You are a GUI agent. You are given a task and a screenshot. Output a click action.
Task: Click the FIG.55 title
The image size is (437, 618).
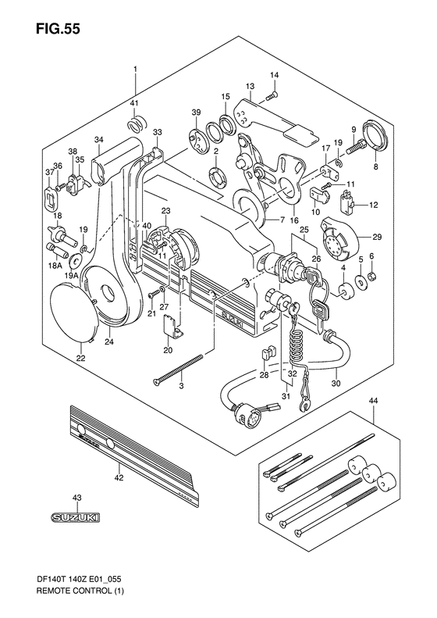pos(59,28)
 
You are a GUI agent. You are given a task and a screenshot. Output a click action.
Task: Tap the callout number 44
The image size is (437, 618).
pos(373,401)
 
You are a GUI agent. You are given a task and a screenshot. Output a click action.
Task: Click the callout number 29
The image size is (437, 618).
pos(377,237)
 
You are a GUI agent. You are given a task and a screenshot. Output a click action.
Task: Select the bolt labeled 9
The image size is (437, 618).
pos(357,148)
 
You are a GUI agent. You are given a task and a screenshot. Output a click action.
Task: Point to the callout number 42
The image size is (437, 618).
pos(119,478)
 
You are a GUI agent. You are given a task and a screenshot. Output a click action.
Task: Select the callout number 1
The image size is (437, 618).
pos(135,70)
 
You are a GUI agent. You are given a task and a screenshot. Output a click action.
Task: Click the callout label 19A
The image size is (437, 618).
pos(71,277)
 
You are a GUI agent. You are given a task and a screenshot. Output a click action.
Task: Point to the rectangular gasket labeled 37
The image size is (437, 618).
pos(51,198)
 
